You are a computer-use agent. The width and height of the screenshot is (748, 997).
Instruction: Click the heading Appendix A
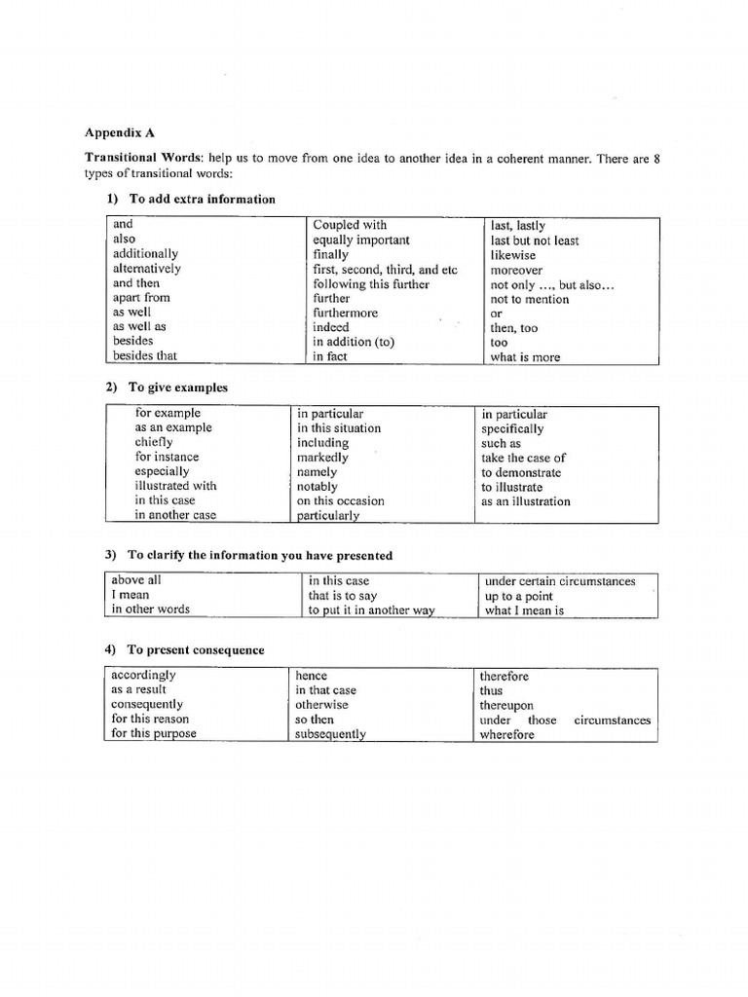120,132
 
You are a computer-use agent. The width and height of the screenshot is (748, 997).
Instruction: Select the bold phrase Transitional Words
137,158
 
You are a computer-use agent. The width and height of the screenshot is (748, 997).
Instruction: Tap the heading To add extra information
202,199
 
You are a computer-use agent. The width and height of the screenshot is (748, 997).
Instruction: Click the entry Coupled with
350,225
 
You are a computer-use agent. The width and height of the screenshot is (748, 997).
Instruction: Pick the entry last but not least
535,240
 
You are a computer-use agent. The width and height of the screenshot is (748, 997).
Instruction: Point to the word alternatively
147,269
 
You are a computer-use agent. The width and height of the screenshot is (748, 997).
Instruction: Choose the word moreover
517,270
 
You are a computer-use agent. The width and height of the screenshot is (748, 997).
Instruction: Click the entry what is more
526,357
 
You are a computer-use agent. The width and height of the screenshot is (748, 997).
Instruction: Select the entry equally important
361,240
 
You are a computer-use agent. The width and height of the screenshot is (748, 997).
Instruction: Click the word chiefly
154,442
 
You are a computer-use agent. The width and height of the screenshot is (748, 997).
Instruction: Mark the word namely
317,471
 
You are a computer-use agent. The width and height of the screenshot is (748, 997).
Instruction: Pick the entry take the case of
523,458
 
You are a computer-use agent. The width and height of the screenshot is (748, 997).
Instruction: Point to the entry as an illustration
526,501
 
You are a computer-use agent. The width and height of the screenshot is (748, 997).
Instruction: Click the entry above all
136,580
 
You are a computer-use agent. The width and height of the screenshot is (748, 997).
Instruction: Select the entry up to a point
518,596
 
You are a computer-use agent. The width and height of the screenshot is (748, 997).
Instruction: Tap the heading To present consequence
196,650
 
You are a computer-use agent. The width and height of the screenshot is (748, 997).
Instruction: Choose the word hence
312,675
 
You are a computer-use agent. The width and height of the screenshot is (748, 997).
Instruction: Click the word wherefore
507,735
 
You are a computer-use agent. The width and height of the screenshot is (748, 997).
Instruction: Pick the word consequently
147,704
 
